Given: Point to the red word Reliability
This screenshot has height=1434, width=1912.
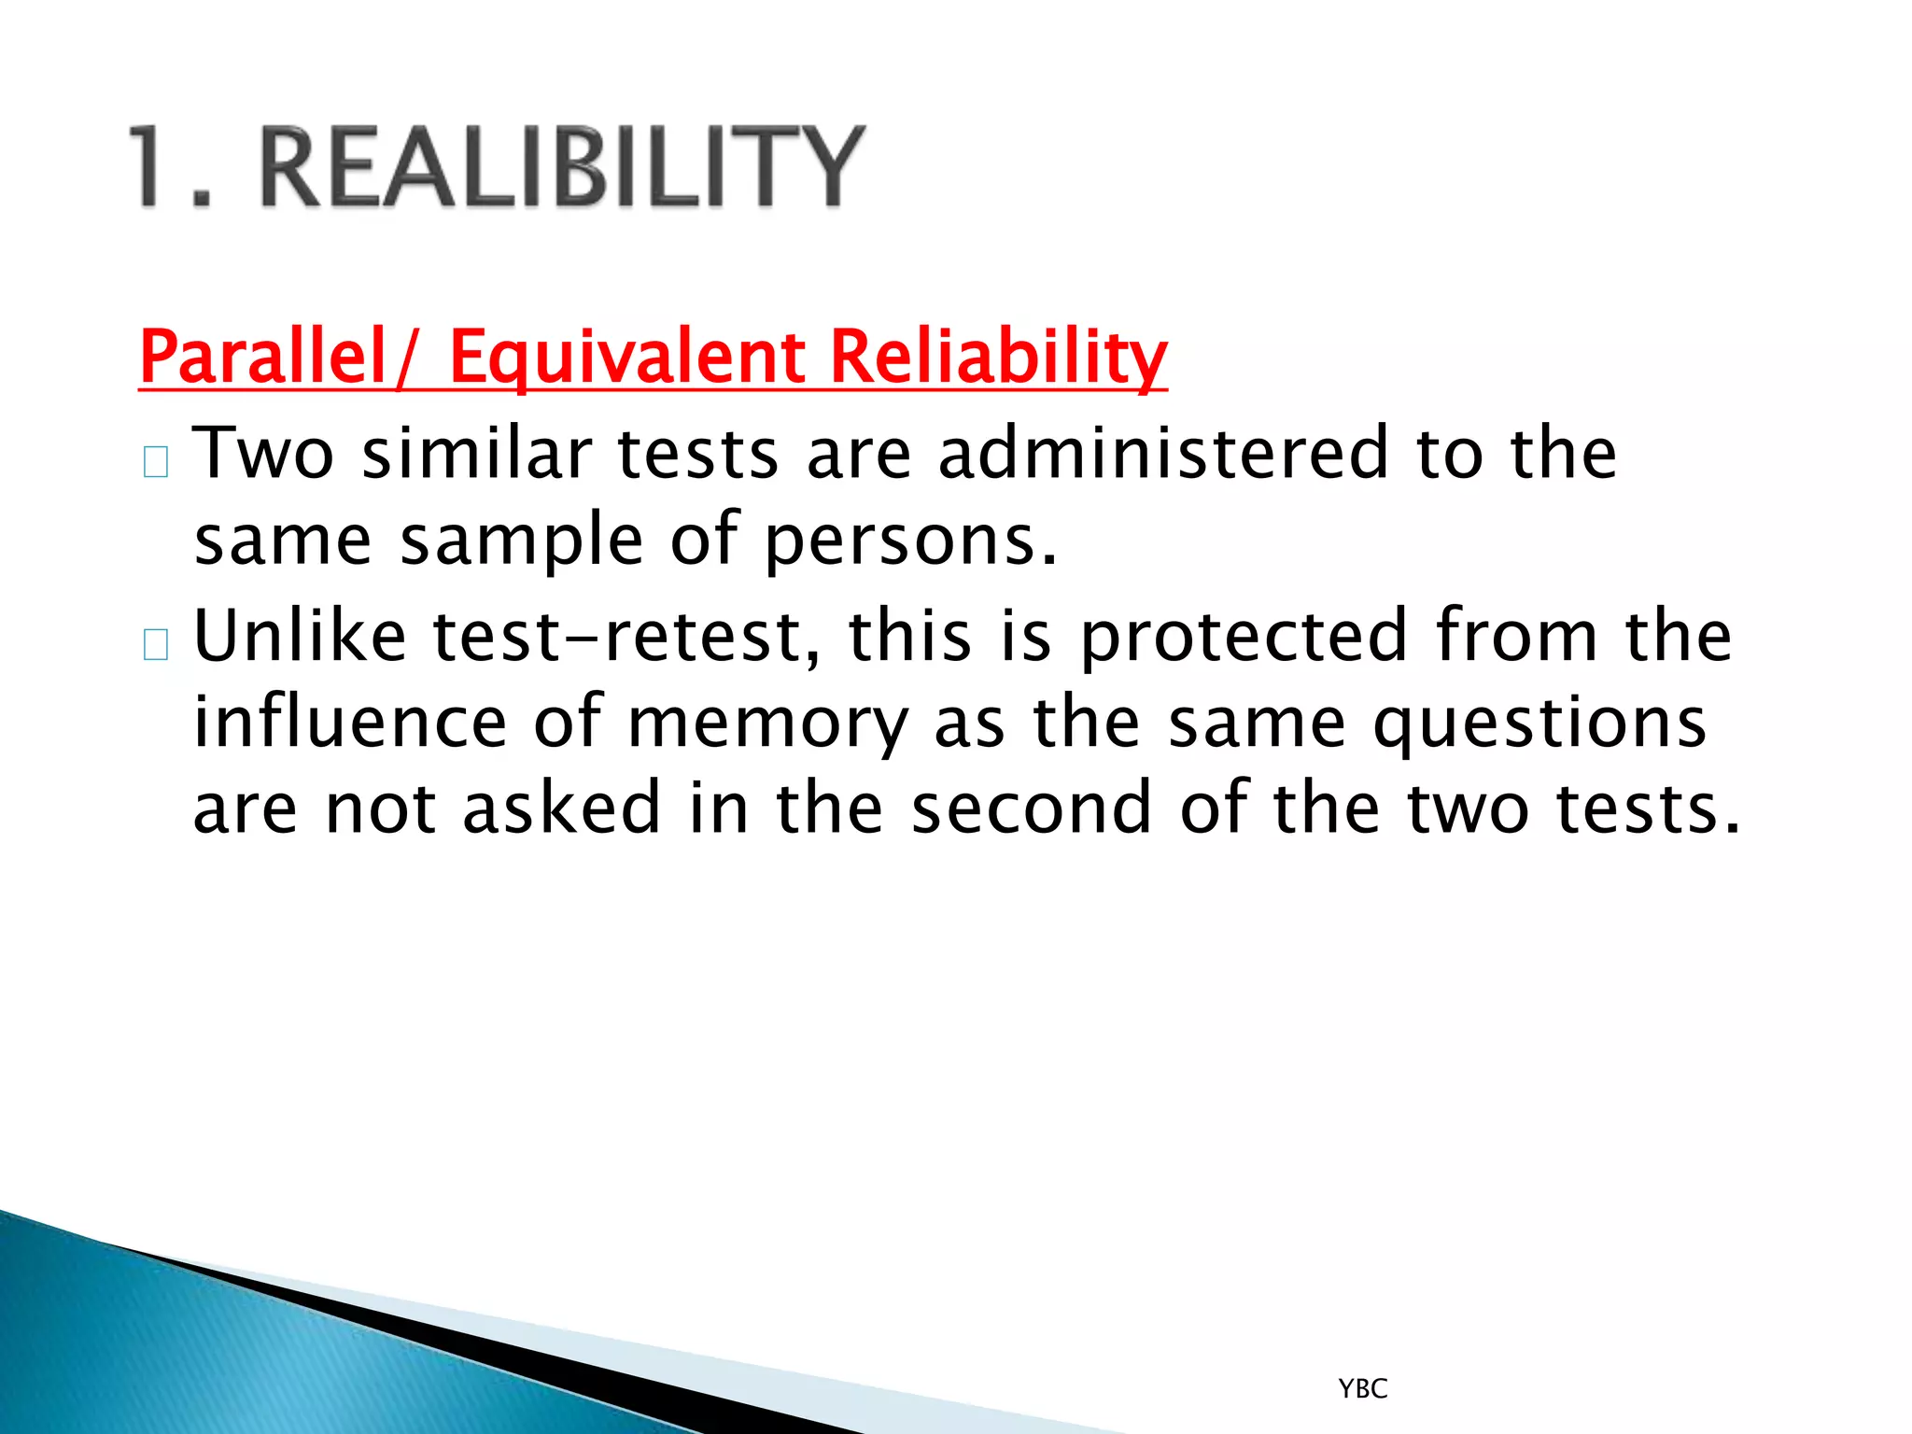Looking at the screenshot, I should pos(998,357).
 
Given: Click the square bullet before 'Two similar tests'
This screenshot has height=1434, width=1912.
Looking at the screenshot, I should pos(156,461).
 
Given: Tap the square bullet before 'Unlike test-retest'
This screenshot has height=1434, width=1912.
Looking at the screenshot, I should pos(156,644).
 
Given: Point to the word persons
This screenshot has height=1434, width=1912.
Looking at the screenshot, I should pos(911,541).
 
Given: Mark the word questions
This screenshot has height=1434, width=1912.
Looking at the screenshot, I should pos(1539,724).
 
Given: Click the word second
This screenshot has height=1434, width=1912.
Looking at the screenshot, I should pos(1032,808).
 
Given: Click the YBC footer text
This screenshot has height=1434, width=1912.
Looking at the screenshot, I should pos(1363,1389).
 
